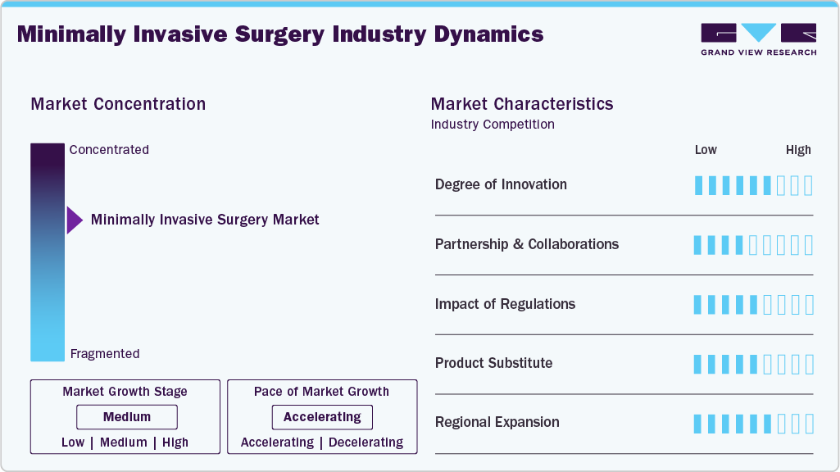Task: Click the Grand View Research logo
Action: tap(758, 39)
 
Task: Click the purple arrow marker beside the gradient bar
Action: tap(75, 220)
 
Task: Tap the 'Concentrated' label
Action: tap(109, 150)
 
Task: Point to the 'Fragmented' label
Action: tap(105, 354)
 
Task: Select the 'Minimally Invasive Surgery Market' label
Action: tap(205, 220)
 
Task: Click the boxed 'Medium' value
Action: tap(127, 417)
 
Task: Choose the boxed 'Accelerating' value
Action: tap(322, 417)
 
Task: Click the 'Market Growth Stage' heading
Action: tap(125, 392)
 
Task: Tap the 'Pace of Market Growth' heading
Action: tap(321, 392)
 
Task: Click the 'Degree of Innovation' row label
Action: tap(501, 184)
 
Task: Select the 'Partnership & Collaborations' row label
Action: tap(527, 244)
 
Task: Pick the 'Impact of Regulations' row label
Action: tap(505, 304)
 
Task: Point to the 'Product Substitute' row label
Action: tap(493, 363)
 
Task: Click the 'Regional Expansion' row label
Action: tap(497, 422)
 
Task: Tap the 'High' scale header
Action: tap(798, 150)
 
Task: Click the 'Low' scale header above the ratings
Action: tap(706, 150)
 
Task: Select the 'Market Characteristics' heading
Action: tap(522, 104)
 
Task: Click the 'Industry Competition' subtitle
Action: tap(493, 125)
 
